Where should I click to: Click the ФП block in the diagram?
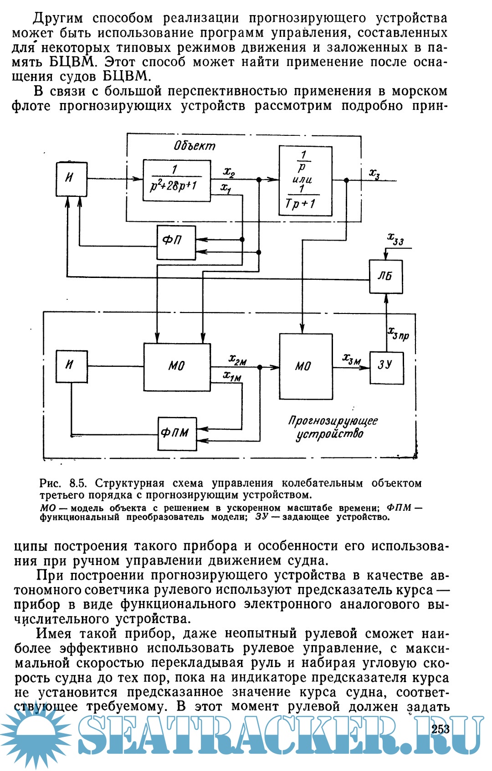coord(176,242)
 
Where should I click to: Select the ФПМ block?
coord(177,433)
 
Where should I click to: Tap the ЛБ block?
coord(386,276)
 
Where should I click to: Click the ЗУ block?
coord(386,367)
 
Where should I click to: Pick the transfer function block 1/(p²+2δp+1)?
coord(177,180)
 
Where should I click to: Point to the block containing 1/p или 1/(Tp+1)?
coord(305,180)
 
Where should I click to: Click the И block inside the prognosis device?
coord(72,366)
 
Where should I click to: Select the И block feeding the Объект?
coord(72,179)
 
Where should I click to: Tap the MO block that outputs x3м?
coord(306,366)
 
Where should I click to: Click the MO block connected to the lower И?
coord(177,366)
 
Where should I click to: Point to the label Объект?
coord(195,146)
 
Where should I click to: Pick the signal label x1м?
coord(232,376)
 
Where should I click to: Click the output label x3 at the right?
coord(374,174)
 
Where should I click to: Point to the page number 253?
coord(440,729)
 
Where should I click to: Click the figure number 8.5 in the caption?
coord(78,483)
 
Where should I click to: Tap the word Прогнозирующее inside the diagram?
coord(333,421)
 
